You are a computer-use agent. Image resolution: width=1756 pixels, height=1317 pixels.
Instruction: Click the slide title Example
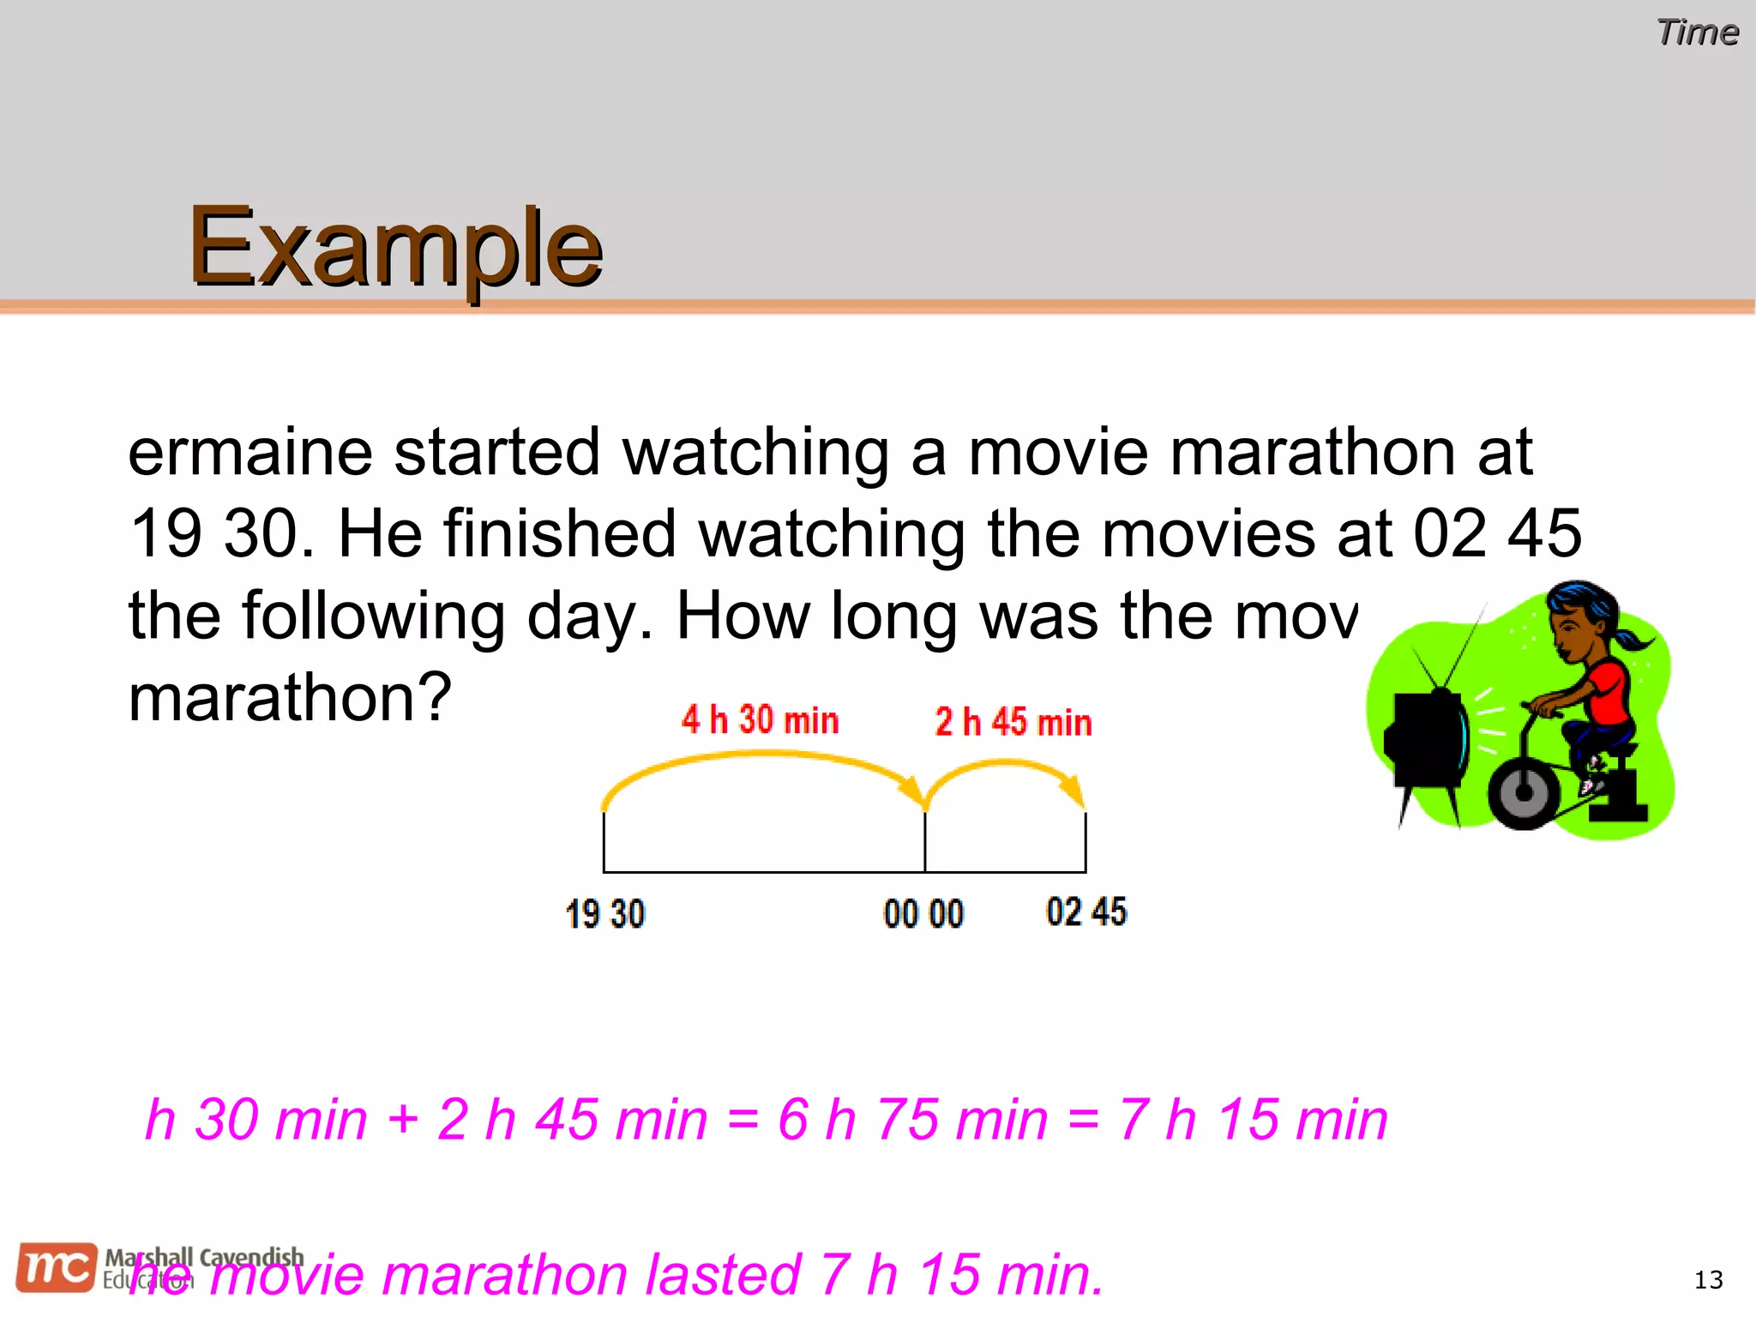coord(395,249)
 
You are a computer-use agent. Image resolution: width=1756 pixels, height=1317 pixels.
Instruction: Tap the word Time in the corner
coord(1697,33)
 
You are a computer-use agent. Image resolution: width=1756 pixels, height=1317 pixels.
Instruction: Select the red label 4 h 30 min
coord(760,720)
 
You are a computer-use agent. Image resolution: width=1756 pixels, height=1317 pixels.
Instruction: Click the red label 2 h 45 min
coord(1013,723)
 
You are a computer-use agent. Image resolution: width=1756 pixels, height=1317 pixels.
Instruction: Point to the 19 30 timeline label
coord(605,914)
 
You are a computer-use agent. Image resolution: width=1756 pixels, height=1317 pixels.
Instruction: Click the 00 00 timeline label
coord(923,914)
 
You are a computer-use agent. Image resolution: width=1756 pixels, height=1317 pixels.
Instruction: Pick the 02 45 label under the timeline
coord(1086,911)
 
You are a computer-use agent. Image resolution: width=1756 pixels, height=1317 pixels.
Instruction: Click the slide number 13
coord(1708,1280)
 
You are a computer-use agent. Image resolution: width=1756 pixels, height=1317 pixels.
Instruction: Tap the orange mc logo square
coord(57,1267)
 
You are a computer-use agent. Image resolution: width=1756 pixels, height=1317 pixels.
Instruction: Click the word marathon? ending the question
coord(290,698)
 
